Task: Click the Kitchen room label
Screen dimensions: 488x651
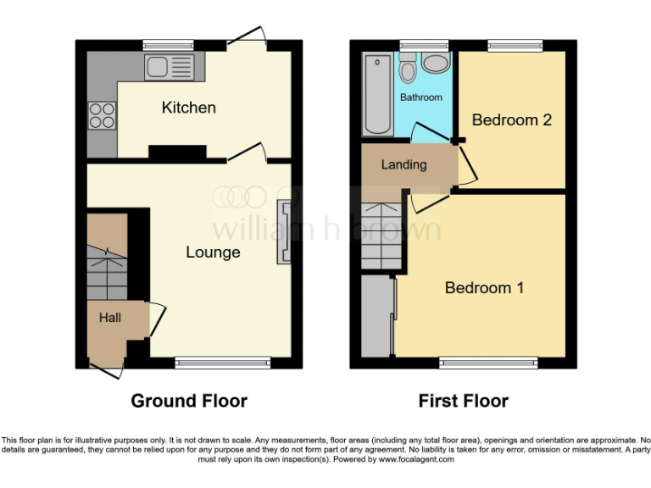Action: pyautogui.click(x=189, y=108)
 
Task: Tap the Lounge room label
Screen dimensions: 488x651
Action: pyautogui.click(x=213, y=252)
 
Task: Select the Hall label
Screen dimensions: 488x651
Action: pyautogui.click(x=109, y=319)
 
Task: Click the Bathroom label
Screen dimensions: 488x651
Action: pyautogui.click(x=421, y=97)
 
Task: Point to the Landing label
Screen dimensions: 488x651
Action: pyautogui.click(x=403, y=164)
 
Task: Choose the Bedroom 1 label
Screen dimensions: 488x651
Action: pyautogui.click(x=484, y=288)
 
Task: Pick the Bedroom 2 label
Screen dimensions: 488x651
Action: pyautogui.click(x=511, y=120)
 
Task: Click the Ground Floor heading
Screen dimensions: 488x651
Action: pyautogui.click(x=189, y=401)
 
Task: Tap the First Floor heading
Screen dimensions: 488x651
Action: pyautogui.click(x=464, y=401)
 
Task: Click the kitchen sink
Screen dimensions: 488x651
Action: pyautogui.click(x=170, y=65)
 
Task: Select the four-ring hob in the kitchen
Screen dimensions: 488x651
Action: pyautogui.click(x=102, y=114)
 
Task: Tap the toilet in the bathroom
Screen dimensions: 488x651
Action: pyautogui.click(x=408, y=68)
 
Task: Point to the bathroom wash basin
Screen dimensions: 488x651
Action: pyautogui.click(x=436, y=64)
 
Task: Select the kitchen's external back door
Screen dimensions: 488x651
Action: pyautogui.click(x=248, y=38)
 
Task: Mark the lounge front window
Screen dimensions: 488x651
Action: pyautogui.click(x=223, y=363)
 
